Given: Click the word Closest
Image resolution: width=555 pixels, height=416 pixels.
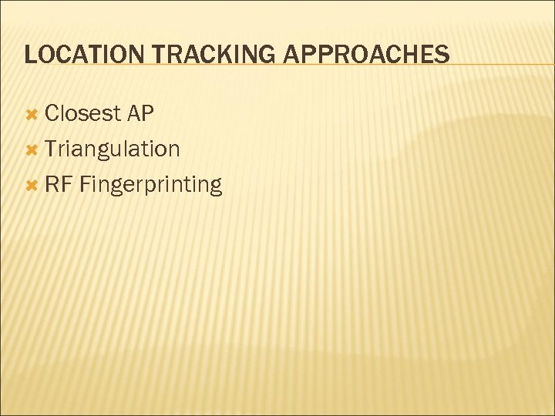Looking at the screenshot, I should click(83, 114).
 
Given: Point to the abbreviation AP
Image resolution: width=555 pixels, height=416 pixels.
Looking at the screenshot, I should click(141, 114).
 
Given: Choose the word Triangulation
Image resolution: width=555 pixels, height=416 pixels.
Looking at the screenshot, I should click(113, 149).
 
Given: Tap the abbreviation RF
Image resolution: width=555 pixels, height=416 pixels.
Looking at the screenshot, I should click(59, 185).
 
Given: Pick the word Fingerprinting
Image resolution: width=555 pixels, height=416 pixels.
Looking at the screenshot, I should click(150, 186).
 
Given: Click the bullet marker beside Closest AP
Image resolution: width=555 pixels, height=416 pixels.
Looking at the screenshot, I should click(32, 115).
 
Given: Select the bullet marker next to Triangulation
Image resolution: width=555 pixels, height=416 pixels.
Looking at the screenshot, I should click(32, 149).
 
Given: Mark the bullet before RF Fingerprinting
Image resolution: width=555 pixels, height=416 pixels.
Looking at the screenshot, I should click(32, 185).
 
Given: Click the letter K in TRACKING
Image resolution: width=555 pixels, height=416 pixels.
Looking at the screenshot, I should click(203, 55).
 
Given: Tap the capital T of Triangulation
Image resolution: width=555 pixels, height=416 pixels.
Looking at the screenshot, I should click(51, 149).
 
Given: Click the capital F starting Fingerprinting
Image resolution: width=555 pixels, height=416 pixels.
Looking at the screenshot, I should click(84, 185).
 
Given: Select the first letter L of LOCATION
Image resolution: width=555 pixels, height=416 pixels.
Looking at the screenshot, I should click(29, 55).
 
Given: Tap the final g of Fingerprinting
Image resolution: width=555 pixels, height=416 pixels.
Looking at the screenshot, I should click(214, 188).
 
